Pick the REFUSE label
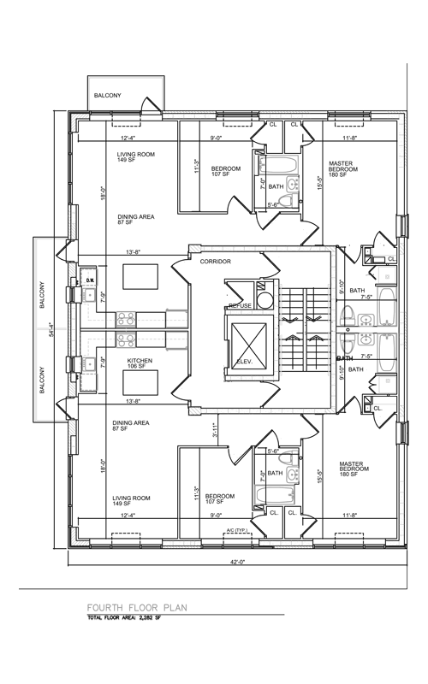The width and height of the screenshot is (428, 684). pyautogui.click(x=241, y=305)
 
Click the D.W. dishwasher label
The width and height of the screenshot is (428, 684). pyautogui.click(x=88, y=280)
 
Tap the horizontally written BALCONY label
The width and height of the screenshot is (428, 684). pyautogui.click(x=108, y=96)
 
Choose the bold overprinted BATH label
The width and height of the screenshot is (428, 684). pyautogui.click(x=345, y=358)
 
